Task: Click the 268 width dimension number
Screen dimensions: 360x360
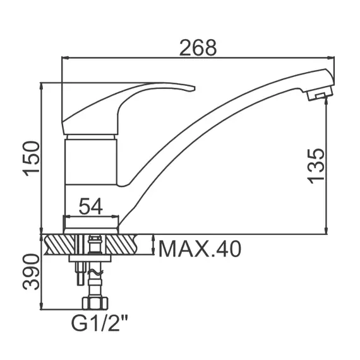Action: pyautogui.click(x=198, y=48)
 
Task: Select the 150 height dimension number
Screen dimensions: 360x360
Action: pyautogui.click(x=31, y=159)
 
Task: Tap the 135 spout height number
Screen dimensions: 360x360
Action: pyautogui.click(x=316, y=166)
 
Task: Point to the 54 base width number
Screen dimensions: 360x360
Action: pyautogui.click(x=91, y=206)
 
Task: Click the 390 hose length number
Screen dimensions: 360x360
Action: pyautogui.click(x=31, y=272)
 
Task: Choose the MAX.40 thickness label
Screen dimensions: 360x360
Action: pyautogui.click(x=200, y=249)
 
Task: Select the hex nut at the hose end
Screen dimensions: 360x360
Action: pyautogui.click(x=95, y=303)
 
